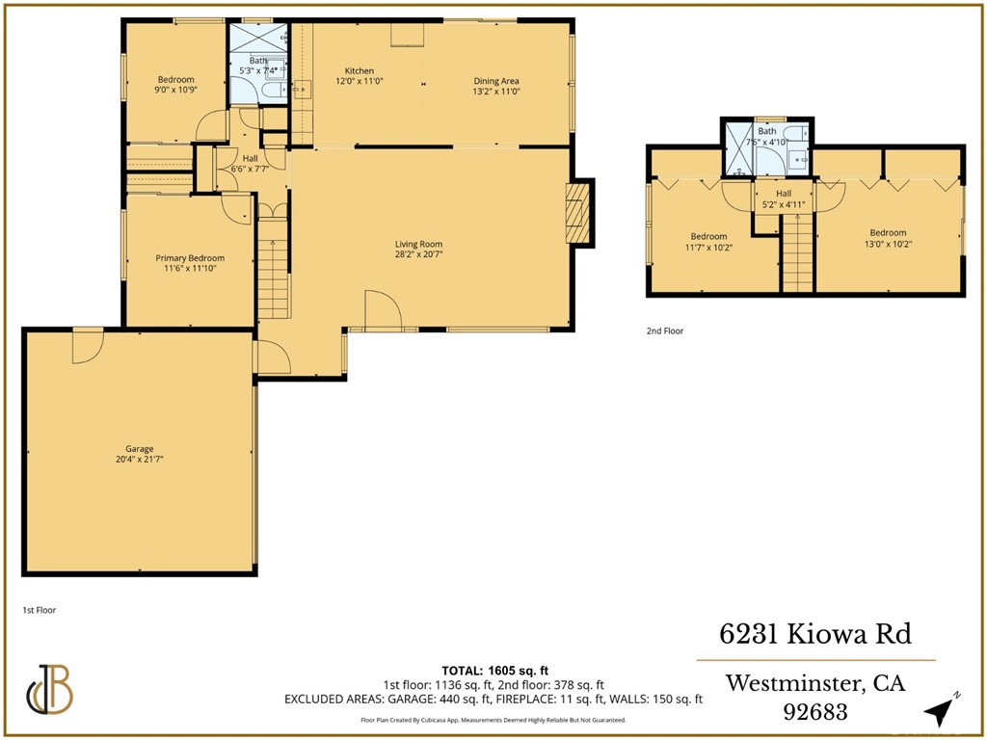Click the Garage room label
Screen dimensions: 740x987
[139, 448]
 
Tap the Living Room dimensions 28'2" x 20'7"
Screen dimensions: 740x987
[418, 254]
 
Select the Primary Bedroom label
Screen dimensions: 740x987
[190, 258]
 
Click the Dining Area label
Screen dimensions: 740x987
[496, 81]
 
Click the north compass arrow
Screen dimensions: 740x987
[937, 710]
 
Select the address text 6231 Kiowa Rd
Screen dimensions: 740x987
[815, 634]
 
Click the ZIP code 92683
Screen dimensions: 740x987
[814, 713]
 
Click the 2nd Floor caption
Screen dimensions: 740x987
[665, 330]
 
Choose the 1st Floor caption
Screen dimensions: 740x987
[40, 610]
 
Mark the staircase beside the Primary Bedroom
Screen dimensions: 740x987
[273, 270]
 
